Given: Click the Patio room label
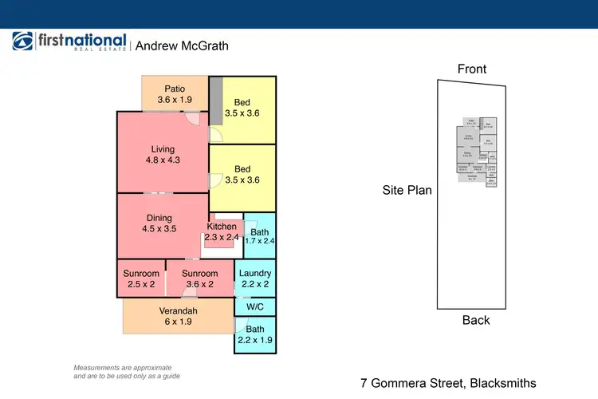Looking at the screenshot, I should point(175,89).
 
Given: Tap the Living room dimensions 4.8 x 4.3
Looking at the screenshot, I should point(163,160).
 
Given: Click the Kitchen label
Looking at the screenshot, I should point(221,227).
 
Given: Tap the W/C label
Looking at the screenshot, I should point(255,306).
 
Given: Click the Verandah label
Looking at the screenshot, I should point(178,311).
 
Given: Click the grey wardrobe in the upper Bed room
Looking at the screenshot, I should point(214,101).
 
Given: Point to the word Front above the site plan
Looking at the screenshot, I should point(472,69).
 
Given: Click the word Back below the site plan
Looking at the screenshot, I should point(476,320).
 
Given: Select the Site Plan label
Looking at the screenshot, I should point(407,190).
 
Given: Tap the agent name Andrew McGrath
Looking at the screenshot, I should point(182,45).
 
